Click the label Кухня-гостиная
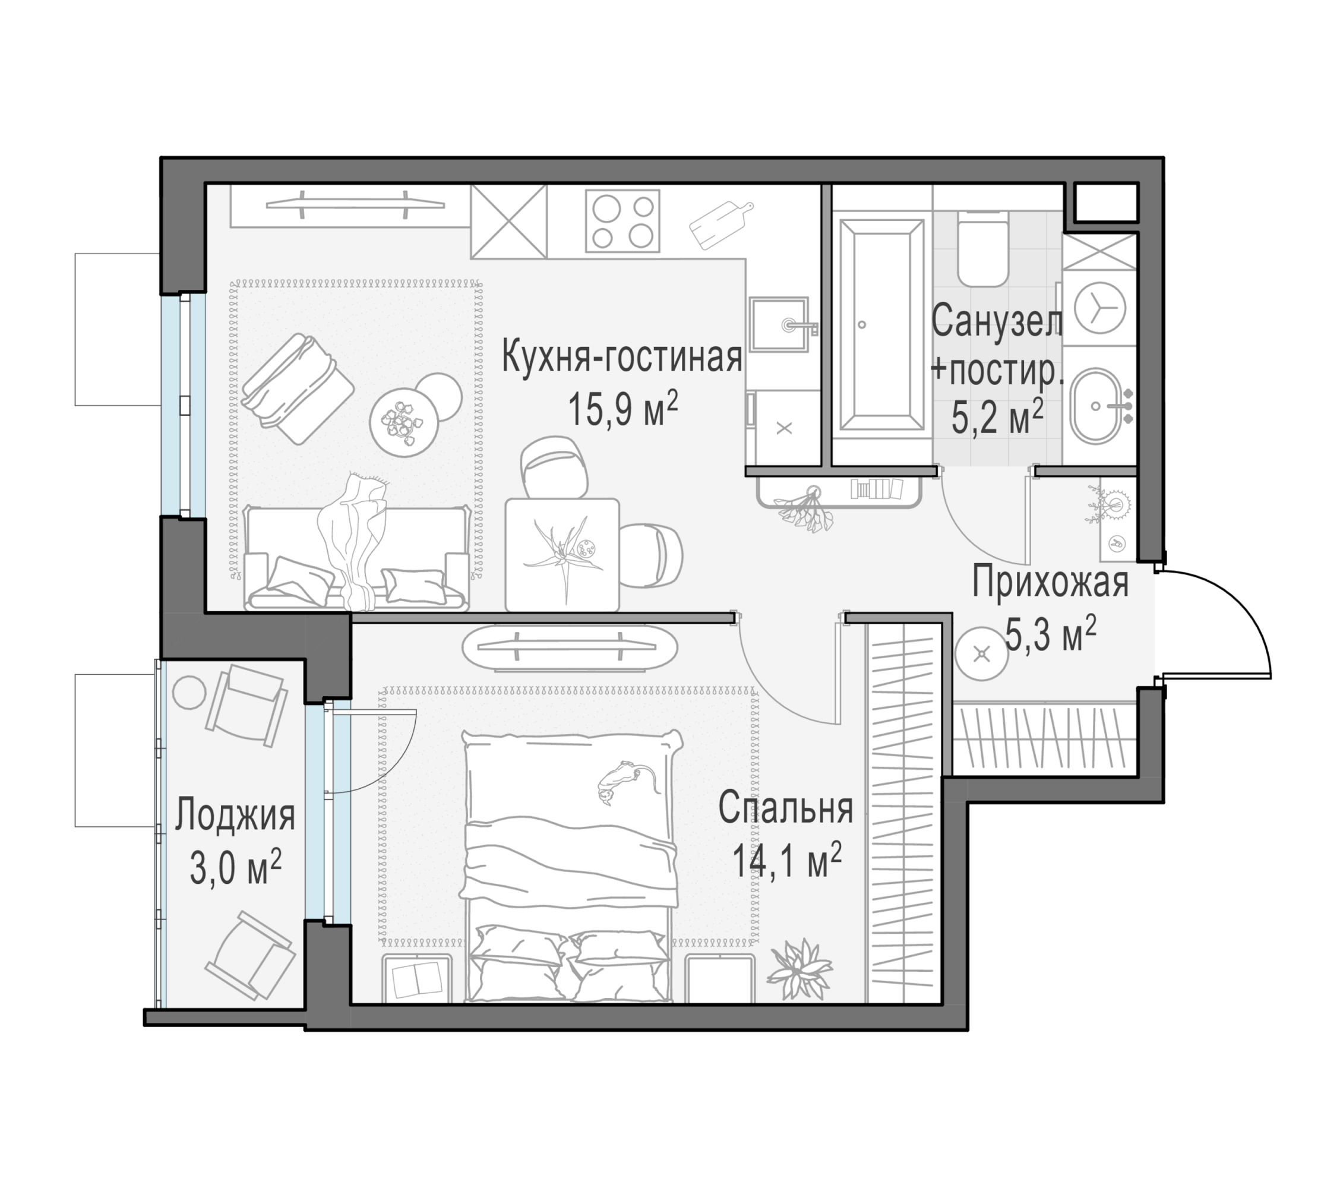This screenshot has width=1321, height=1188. tap(621, 358)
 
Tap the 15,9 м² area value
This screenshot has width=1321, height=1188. tap(623, 409)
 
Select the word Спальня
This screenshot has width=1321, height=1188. tap(786, 808)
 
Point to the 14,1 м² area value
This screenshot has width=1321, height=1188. tap(786, 860)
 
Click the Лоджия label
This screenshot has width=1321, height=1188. tap(235, 816)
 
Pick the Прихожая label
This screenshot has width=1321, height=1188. tap(1050, 582)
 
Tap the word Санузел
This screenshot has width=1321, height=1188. tap(997, 321)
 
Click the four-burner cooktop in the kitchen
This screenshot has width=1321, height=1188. tap(622, 220)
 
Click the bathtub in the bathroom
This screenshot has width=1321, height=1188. tap(881, 325)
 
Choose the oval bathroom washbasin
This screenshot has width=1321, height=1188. tap(1098, 406)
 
